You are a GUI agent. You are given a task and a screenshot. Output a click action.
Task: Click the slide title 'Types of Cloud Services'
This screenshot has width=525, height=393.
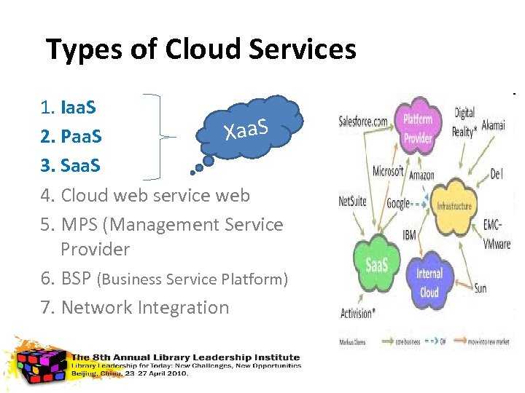pyautogui.click(x=201, y=49)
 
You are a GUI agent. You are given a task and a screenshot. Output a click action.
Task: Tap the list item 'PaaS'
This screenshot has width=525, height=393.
pyautogui.click(x=81, y=137)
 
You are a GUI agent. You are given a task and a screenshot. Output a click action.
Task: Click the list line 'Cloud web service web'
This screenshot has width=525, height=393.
pyautogui.click(x=155, y=195)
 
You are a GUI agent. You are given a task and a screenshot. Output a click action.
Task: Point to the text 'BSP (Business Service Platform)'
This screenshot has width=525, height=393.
pyautogui.click(x=174, y=279)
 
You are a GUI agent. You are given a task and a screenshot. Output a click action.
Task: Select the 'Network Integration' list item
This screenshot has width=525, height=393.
pyautogui.click(x=144, y=307)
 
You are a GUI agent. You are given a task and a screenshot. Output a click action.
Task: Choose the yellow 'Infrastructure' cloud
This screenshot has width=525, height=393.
pyautogui.click(x=454, y=206)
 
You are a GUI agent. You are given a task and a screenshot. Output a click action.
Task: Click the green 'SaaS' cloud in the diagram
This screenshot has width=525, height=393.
pyautogui.click(x=376, y=264)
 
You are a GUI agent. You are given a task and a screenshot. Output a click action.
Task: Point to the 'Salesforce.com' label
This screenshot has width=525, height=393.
pyautogui.click(x=363, y=122)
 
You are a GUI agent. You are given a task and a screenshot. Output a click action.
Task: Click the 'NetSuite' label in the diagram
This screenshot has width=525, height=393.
pyautogui.click(x=352, y=200)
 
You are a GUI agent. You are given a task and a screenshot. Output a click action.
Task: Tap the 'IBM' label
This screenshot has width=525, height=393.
pyautogui.click(x=410, y=235)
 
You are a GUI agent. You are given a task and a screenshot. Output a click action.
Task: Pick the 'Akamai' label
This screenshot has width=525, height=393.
pyautogui.click(x=493, y=125)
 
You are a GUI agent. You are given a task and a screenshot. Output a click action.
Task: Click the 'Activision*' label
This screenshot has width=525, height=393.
pyautogui.click(x=357, y=314)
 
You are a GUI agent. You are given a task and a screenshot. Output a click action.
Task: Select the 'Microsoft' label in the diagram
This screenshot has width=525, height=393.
pyautogui.click(x=387, y=171)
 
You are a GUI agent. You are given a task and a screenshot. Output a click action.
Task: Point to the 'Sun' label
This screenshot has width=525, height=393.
pyautogui.click(x=480, y=288)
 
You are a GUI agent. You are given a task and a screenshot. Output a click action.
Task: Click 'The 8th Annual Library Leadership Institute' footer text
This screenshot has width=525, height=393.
pyautogui.click(x=185, y=357)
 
